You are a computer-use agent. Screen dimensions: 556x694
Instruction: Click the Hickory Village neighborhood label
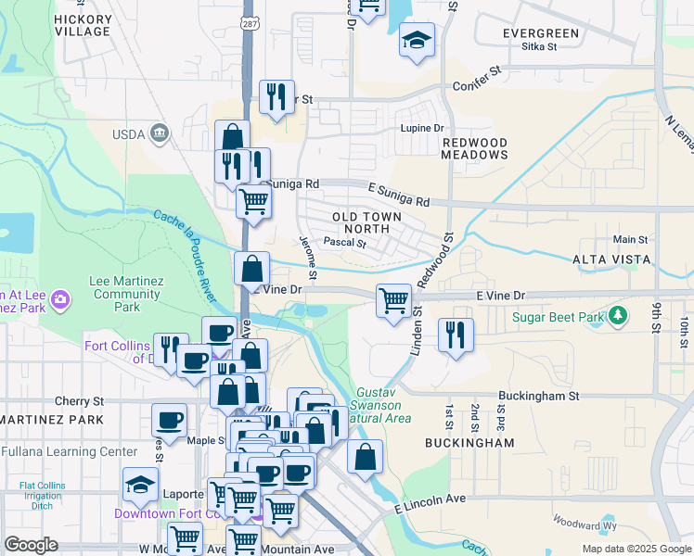83,25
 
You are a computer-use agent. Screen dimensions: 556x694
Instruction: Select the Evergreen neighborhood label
540,33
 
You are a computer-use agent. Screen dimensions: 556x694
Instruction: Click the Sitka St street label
538,45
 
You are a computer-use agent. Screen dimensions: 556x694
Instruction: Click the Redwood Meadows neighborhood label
473,148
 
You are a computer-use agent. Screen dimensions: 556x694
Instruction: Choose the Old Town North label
367,222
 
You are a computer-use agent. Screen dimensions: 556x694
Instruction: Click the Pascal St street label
345,244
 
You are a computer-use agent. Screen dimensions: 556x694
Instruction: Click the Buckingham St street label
538,395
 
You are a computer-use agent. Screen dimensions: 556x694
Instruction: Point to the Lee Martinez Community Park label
126,293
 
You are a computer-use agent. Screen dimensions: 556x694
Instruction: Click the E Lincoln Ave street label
430,503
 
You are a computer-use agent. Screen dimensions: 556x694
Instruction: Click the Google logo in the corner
31,545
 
